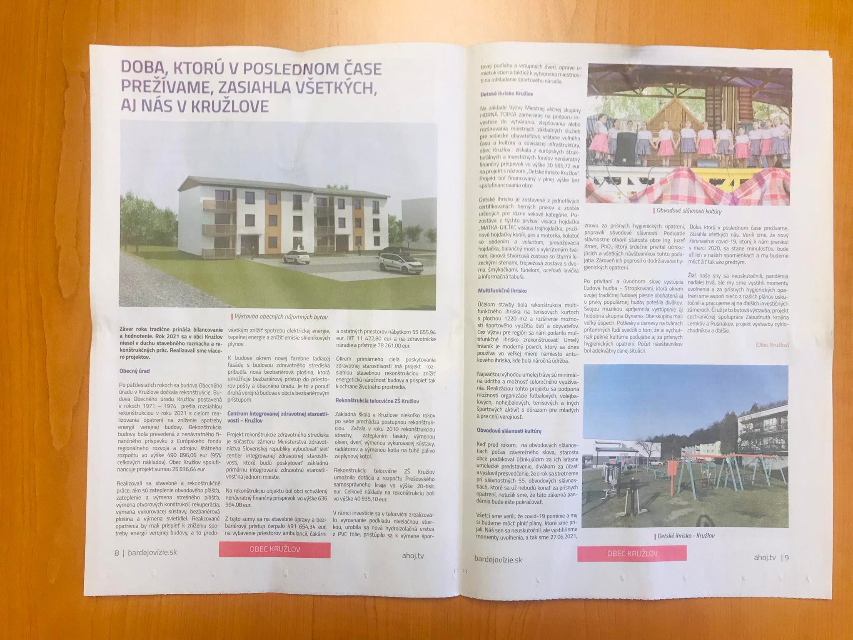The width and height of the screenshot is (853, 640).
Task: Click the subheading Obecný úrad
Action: tap(134, 371)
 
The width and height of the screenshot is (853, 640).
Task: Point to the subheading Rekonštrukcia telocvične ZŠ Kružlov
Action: tap(377, 401)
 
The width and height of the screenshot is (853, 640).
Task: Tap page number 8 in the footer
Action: tap(117, 553)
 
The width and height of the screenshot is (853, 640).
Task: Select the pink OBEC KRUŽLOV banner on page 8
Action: tap(274, 549)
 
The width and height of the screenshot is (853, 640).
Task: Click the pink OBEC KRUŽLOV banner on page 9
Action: tap(632, 553)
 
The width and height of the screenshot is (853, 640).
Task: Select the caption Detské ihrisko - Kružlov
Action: tap(686, 536)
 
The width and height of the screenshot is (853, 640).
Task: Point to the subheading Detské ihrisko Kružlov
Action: tap(506, 95)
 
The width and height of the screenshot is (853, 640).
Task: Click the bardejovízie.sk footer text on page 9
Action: tap(498, 559)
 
